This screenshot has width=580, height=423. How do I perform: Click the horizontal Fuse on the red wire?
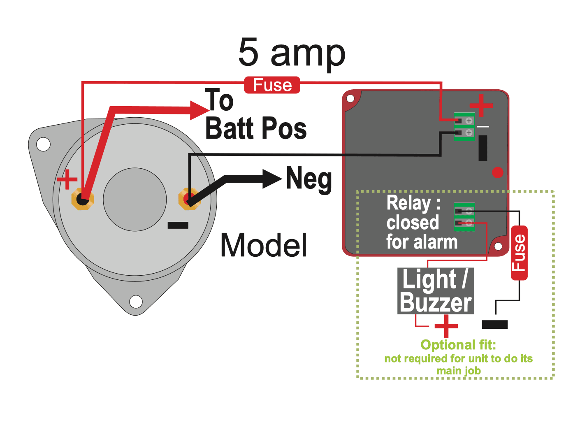(272, 85)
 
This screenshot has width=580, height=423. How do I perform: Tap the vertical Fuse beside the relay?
(519, 253)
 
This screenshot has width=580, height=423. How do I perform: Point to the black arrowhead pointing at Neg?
(272, 179)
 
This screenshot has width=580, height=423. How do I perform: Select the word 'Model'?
(264, 245)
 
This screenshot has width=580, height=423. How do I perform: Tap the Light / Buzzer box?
(436, 291)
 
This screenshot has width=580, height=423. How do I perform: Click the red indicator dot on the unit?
(498, 172)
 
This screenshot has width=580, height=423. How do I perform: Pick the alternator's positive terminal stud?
(83, 200)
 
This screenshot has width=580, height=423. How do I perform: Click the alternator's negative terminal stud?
(189, 199)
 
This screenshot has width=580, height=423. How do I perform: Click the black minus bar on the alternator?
(178, 225)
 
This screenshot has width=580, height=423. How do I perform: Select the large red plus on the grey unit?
(481, 105)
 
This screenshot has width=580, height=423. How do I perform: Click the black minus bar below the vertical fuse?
(494, 325)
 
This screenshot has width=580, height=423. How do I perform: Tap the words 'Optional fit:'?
(458, 345)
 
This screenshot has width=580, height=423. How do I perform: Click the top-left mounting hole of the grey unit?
(350, 99)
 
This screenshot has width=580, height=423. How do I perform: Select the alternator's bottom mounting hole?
(136, 301)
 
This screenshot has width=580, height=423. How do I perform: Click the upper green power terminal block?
(464, 127)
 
